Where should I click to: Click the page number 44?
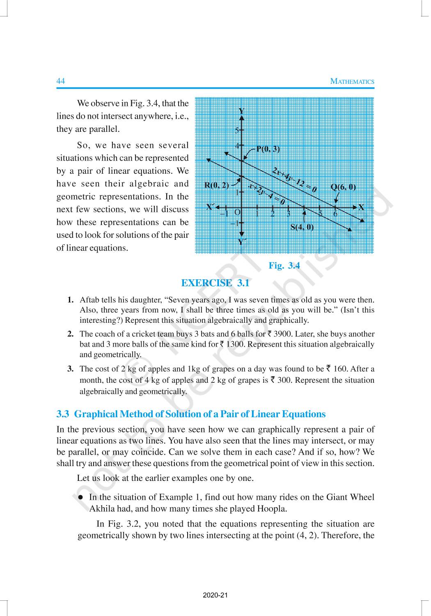tap(60, 81)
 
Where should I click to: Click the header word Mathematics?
tap(352, 81)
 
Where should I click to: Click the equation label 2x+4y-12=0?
tap(294, 180)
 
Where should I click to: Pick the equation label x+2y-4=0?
tap(267, 194)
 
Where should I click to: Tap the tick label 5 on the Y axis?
tap(237, 131)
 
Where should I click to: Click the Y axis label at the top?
tap(242, 111)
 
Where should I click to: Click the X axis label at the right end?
tap(361, 207)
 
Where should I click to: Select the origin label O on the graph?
tap(237, 212)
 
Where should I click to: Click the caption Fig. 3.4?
tap(284, 266)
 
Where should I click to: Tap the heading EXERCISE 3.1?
tap(215, 283)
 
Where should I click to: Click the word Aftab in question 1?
tap(89, 300)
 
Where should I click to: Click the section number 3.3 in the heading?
tap(64, 414)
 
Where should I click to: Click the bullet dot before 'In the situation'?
tap(81, 497)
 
